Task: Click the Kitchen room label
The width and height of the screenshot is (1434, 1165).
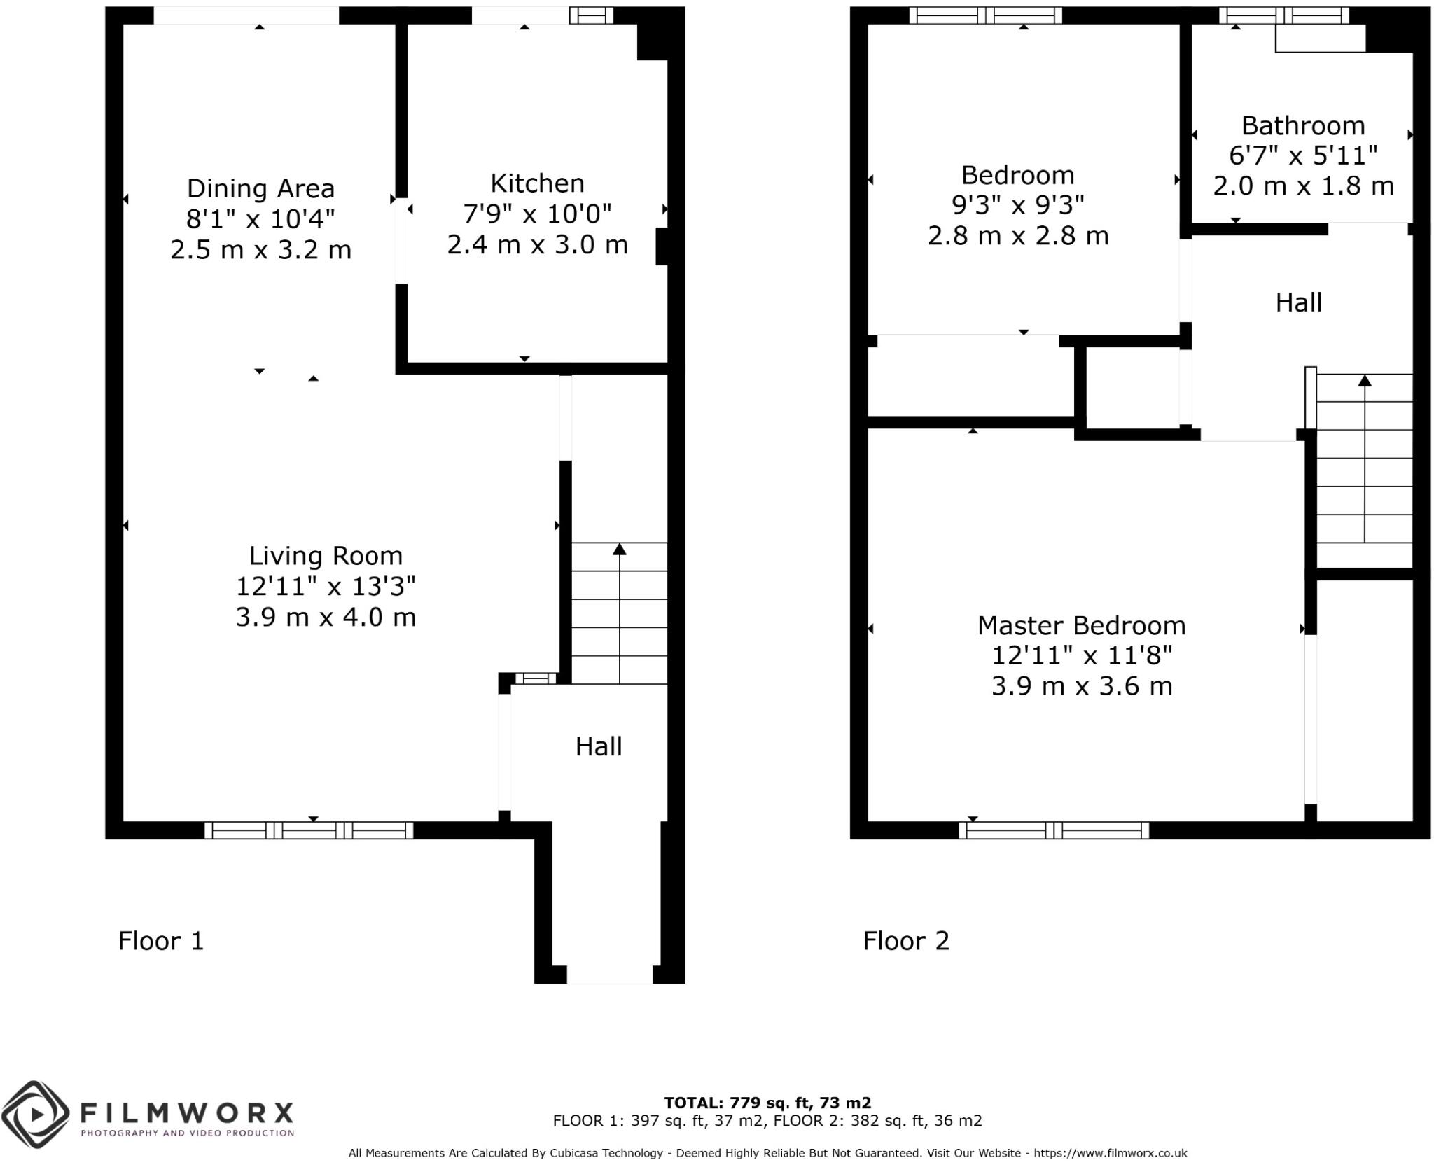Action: coord(537,183)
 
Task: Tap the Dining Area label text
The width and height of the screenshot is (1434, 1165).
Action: coord(260,189)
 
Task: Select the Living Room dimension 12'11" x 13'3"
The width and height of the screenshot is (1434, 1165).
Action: coord(326,587)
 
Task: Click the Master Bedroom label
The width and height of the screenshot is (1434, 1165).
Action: coord(1081,625)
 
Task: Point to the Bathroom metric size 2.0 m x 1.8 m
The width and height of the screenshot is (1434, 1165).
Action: coord(1303,186)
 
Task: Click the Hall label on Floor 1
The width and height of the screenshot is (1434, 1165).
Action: coord(599,747)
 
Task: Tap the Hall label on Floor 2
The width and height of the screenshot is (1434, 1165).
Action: coord(1299,303)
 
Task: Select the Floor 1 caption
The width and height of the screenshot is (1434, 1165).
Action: coord(161,941)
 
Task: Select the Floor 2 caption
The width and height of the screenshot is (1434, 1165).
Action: coord(906,941)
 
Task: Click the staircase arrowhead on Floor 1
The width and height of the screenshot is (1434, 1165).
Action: coord(619,550)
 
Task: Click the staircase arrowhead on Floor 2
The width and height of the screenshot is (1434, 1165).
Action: coord(1365,381)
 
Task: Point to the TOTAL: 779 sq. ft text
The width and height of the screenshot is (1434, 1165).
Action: coord(767,1103)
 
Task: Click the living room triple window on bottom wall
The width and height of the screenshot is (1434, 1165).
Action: coord(309,830)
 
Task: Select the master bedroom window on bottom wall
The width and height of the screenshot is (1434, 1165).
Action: coord(1054,830)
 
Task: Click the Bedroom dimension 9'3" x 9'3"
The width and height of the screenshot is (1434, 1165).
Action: coord(1017,205)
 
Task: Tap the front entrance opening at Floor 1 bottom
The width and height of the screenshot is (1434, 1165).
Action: coord(609,975)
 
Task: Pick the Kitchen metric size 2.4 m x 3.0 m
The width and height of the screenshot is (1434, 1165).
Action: coord(537,245)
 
